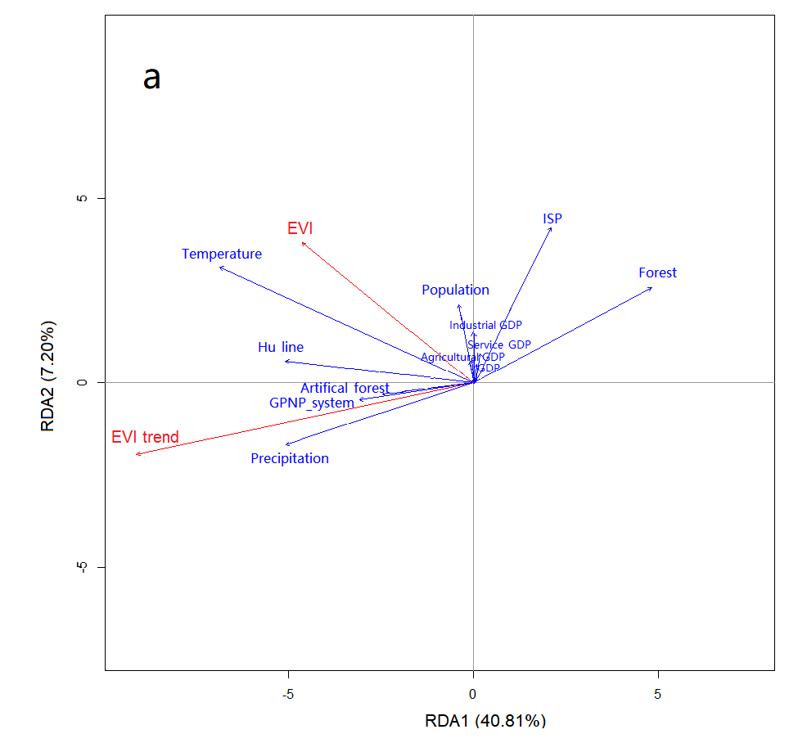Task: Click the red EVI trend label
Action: click(145, 437)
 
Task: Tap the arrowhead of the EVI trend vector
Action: click(138, 453)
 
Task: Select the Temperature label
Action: click(222, 254)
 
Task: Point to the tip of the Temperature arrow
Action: click(220, 267)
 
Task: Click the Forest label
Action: click(657, 272)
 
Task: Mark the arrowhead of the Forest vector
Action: click(651, 287)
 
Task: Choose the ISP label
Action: click(552, 218)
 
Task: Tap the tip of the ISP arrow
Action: click(551, 228)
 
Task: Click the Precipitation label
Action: click(290, 458)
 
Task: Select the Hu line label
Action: click(281, 347)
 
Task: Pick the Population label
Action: click(455, 290)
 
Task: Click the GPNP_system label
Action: click(312, 403)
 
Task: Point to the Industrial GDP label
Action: click(485, 325)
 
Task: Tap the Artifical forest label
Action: click(345, 388)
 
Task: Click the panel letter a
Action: click(152, 78)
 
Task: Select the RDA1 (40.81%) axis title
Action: click(485, 721)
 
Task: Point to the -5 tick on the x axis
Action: click(288, 695)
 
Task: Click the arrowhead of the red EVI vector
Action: click(303, 242)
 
